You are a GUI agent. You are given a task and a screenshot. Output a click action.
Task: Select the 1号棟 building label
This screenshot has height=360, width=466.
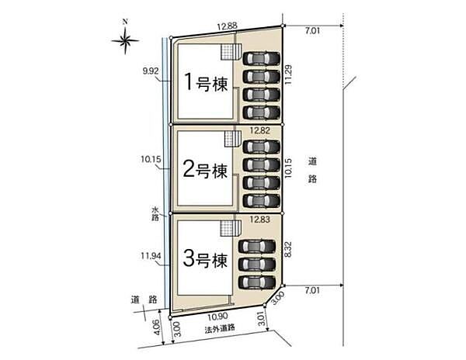(x=207, y=81)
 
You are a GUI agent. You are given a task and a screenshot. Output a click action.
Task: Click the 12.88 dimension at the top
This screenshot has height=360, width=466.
(x=227, y=26)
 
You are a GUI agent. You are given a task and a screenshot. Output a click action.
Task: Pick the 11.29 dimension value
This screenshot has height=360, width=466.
(x=288, y=74)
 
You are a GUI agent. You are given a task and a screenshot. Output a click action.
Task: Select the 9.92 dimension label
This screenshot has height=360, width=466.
(x=151, y=71)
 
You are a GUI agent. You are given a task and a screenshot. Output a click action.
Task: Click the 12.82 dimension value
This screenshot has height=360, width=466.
(x=260, y=130)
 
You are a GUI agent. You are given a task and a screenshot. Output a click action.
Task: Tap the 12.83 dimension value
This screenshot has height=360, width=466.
(x=260, y=220)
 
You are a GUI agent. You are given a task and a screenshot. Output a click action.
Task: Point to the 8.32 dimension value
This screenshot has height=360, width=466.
(x=288, y=250)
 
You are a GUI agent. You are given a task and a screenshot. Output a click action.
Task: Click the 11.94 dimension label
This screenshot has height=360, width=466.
(x=151, y=255)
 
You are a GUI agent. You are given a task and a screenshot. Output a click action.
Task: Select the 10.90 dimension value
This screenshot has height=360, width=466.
(x=217, y=317)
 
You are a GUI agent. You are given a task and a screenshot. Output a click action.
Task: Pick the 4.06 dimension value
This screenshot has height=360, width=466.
(x=158, y=327)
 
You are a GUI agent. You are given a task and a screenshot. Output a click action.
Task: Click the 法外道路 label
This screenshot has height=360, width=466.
(x=220, y=328)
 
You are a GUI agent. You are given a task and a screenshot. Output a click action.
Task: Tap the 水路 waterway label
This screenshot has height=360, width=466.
(x=155, y=213)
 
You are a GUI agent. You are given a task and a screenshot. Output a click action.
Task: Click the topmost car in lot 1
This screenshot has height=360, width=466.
(x=262, y=58)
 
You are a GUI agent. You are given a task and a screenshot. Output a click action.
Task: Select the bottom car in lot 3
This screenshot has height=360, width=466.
(x=257, y=282)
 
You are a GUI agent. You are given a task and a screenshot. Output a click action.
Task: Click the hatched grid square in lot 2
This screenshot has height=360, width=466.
(x=232, y=139)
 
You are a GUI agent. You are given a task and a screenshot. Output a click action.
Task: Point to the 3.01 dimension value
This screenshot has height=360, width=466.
(x=261, y=319)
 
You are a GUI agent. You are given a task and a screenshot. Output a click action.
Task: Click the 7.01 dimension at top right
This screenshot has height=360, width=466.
(x=312, y=31)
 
